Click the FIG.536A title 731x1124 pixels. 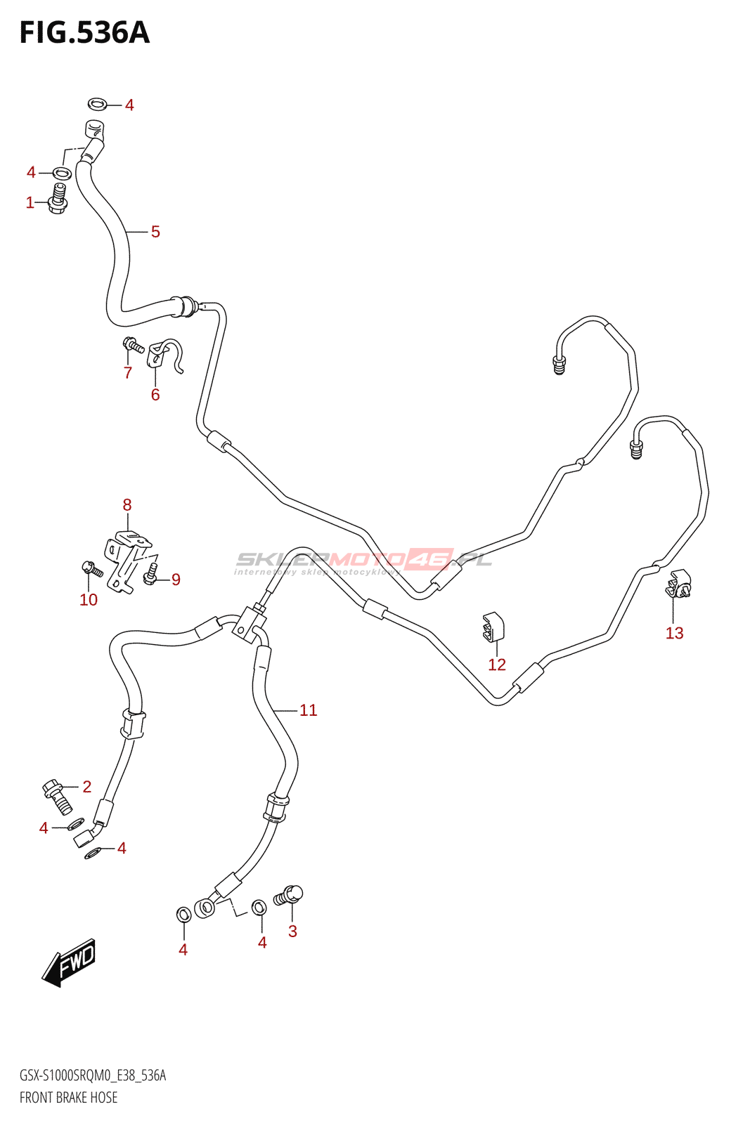pos(84,33)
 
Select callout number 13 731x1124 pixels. pos(674,633)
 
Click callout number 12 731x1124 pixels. pos(497,665)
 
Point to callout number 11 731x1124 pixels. pos(309,710)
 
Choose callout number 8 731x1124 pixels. pos(127,504)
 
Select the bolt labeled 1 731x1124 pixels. pos(58,198)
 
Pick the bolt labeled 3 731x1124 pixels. pos(289,896)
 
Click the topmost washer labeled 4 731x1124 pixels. pos(97,105)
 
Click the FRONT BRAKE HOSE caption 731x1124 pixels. pos(69,1097)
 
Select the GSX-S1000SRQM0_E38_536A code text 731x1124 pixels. pos(93,1076)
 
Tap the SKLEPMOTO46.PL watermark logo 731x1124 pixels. pos(363,561)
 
